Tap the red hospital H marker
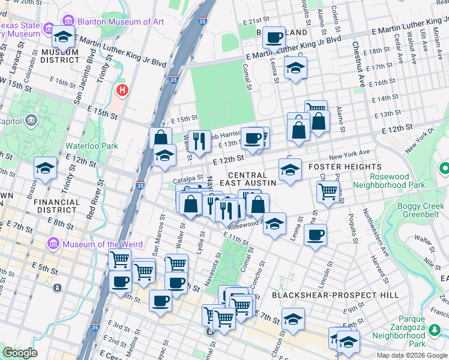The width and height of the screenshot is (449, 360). pyautogui.click(x=122, y=91)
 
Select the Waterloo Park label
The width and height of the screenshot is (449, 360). pyautogui.click(x=91, y=145)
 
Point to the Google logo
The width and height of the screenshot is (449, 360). pyautogui.click(x=20, y=353)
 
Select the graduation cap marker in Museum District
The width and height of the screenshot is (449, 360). pyautogui.click(x=63, y=37)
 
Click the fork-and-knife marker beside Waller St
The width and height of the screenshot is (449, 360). pyautogui.click(x=199, y=141)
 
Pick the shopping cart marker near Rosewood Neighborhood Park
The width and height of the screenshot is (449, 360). pyautogui.click(x=327, y=192)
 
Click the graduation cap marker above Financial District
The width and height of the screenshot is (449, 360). pyautogui.click(x=45, y=169)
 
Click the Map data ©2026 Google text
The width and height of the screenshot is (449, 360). pyautogui.click(x=412, y=355)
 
